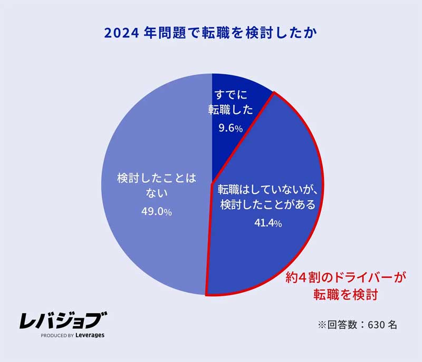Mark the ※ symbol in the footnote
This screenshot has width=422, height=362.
[322, 325]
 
